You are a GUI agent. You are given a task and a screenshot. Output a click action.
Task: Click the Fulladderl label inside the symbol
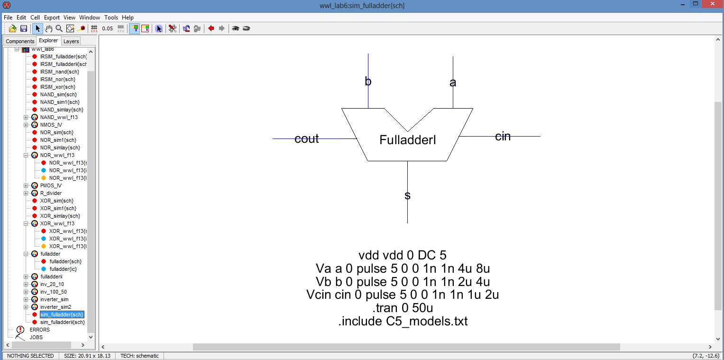pos(407,140)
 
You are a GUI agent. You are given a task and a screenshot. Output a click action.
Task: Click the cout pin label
pos(306,139)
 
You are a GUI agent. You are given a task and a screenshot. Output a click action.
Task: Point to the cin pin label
pos(503,137)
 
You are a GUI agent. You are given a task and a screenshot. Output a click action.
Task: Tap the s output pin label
pos(407,195)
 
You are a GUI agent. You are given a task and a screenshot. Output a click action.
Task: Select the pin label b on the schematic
pos(368,82)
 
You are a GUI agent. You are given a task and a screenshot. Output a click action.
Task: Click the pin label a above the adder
pos(453,83)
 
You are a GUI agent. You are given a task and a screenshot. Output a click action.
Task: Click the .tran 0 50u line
pos(403,308)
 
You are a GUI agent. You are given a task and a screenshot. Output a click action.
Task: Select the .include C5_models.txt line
pos(403,321)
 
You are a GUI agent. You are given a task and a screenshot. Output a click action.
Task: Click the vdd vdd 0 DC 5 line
pos(403,256)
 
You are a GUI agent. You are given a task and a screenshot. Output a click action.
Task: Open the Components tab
pos(20,41)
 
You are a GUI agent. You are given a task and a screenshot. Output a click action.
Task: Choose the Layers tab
pos(71,41)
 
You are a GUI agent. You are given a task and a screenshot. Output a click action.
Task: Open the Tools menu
pos(111,18)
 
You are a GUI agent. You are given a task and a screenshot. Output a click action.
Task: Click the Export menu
pos(52,18)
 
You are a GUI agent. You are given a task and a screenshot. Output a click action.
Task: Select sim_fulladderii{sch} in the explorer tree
pos(62,322)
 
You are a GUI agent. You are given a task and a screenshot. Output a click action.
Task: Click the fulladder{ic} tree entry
pos(63,269)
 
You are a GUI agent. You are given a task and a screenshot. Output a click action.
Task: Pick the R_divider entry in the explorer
pos(51,193)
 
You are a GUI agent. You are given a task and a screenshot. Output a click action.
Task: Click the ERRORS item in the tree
pos(39,330)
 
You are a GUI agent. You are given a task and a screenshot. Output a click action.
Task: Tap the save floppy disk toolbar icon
pos(24,28)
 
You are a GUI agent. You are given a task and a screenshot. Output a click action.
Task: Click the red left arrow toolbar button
pos(211,28)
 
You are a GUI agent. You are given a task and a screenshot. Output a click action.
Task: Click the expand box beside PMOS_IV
pos(26,185)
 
